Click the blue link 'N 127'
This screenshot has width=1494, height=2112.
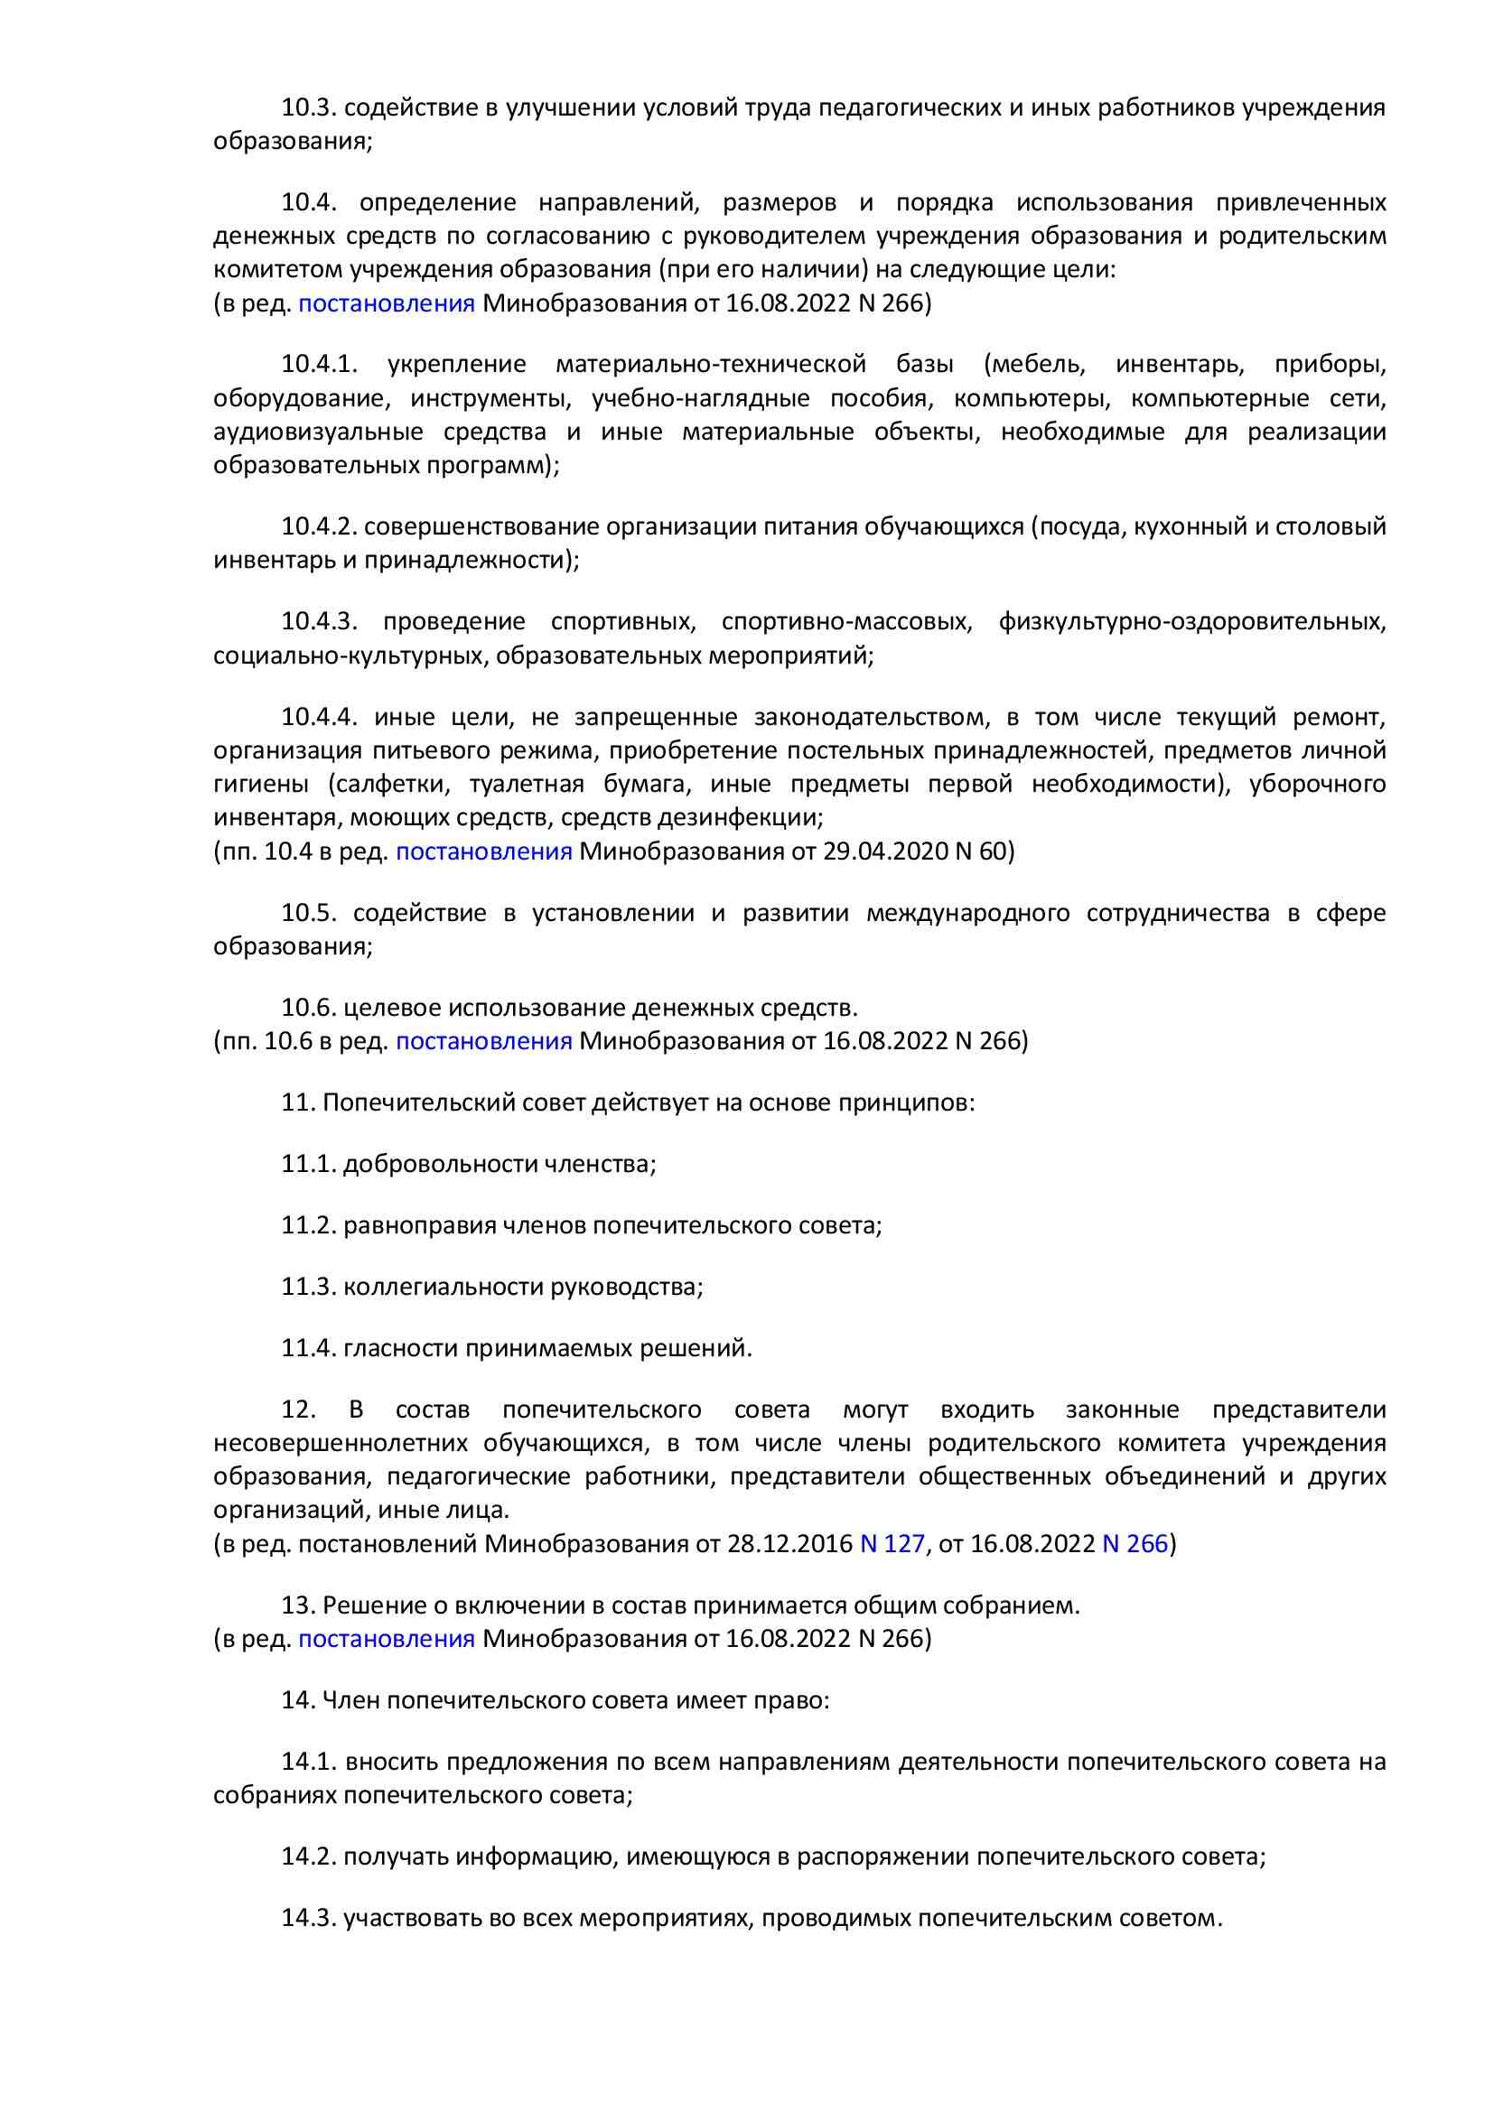pyautogui.click(x=892, y=1543)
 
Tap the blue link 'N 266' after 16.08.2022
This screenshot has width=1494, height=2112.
pyautogui.click(x=1135, y=1543)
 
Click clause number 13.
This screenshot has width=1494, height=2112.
pyautogui.click(x=298, y=1605)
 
